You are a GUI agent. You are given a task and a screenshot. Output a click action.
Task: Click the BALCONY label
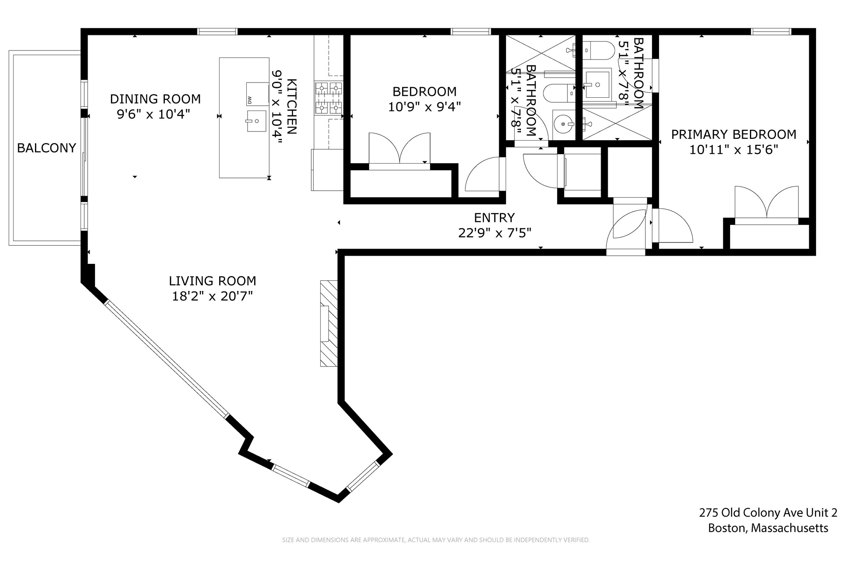tap(46, 148)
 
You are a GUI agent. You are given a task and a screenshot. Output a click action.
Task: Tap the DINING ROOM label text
tap(155, 99)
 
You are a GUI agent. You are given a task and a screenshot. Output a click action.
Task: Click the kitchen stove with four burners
tap(328, 98)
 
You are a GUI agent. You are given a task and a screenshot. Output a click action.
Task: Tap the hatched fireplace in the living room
tap(329, 323)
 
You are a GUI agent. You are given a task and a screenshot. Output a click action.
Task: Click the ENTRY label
tap(494, 217)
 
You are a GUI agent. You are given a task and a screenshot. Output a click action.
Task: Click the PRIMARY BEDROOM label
tap(733, 134)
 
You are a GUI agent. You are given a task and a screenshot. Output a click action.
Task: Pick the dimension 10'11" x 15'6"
tap(734, 150)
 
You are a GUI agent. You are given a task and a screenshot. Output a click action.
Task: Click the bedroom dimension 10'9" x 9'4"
tap(424, 107)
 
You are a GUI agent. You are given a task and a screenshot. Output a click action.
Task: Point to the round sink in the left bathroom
tap(564, 124)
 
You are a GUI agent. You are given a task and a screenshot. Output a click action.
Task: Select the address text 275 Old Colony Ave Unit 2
tap(768, 513)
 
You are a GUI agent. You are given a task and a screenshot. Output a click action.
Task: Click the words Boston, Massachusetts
tap(768, 528)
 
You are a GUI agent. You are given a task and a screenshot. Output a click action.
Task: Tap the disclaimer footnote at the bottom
tap(436, 540)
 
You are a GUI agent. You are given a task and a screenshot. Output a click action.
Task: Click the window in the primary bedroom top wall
tap(771, 32)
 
